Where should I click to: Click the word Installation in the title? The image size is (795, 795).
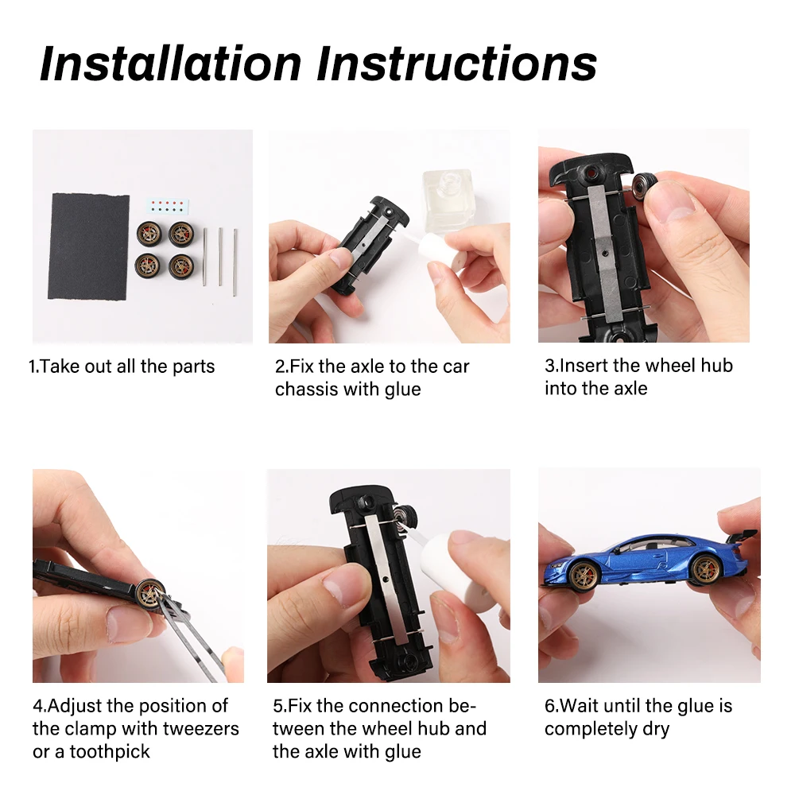[x=171, y=64]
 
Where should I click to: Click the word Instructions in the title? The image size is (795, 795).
[x=457, y=64]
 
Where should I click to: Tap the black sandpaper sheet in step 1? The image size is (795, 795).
[x=89, y=246]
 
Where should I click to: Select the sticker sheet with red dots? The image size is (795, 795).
[x=167, y=206]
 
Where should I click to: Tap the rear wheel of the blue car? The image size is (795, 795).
[x=706, y=569]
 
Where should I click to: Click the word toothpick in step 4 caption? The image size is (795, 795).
[x=110, y=752]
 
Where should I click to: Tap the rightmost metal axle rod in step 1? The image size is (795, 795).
[x=235, y=262]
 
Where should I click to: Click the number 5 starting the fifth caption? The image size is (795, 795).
[x=277, y=706]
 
